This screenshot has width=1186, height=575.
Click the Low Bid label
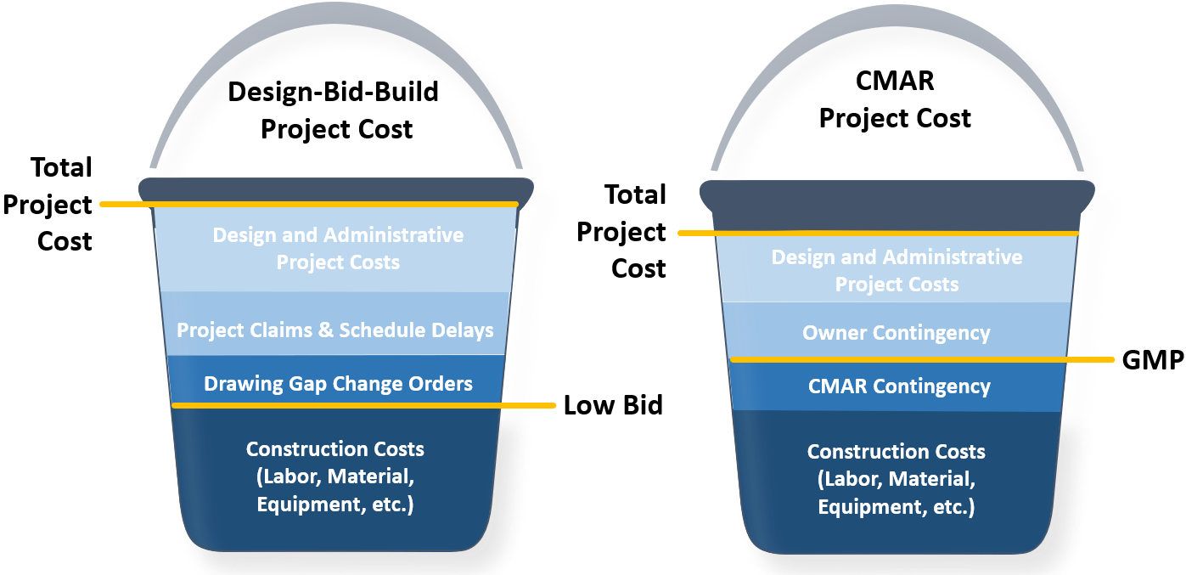[613, 406]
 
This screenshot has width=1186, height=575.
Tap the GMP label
[1153, 360]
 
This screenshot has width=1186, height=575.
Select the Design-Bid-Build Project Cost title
[334, 110]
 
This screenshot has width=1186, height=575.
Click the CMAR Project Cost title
[895, 99]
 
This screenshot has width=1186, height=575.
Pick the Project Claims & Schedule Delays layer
[334, 324]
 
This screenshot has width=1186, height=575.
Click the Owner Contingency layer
[896, 330]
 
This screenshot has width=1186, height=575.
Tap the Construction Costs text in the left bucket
[335, 476]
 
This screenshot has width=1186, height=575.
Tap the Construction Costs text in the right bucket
[896, 479]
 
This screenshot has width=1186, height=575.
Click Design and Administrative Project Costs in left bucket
[338, 248]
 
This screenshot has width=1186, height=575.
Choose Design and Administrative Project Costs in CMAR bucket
[897, 271]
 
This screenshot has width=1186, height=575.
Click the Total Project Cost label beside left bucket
[48, 204]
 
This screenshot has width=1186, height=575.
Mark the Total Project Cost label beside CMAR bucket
[621, 231]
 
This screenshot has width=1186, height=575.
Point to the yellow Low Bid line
[363, 406]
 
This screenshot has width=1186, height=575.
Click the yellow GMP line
[922, 360]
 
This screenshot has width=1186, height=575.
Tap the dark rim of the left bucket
[335, 189]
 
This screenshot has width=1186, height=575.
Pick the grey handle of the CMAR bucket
[897, 14]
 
